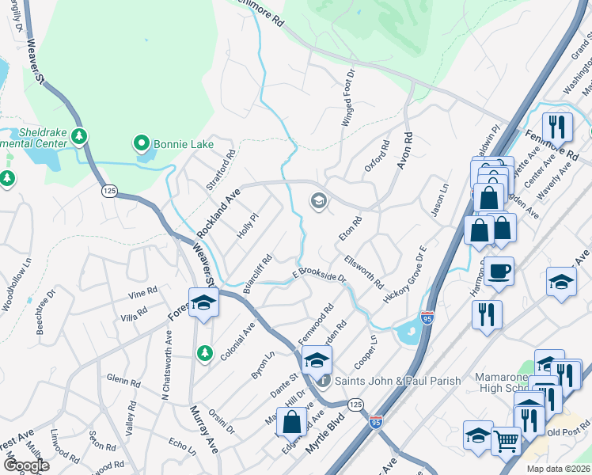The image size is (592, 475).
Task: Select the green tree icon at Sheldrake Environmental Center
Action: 78,136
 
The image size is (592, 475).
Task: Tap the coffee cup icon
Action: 498,271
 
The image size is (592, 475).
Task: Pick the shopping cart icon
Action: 507,439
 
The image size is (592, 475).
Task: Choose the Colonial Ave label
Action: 237,341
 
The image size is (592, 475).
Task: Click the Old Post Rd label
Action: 564,431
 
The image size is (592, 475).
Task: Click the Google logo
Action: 25,465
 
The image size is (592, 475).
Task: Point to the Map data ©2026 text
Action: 558,469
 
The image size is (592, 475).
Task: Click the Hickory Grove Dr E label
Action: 404,275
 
